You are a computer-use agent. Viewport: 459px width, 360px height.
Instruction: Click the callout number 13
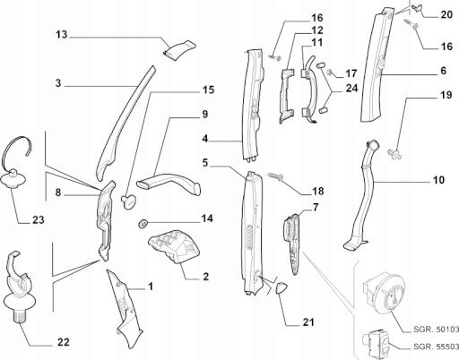click(x=62, y=35)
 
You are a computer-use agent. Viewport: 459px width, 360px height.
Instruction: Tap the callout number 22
click(x=64, y=342)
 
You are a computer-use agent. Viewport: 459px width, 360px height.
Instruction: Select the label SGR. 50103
click(x=437, y=330)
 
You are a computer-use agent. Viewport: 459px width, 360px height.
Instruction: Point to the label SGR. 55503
click(x=437, y=347)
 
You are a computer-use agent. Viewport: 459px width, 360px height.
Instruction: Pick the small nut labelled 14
click(x=143, y=224)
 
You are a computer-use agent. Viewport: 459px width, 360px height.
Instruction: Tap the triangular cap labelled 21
click(x=281, y=288)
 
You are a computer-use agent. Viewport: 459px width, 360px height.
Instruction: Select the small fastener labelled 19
click(x=394, y=154)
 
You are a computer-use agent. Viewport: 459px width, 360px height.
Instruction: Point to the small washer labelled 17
click(x=331, y=72)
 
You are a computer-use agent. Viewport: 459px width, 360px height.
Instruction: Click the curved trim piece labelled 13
click(x=180, y=48)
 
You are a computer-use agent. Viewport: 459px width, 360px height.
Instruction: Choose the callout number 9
click(x=204, y=115)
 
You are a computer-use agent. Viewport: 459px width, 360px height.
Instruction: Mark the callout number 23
click(x=39, y=220)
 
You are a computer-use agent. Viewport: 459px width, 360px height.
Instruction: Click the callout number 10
click(x=438, y=180)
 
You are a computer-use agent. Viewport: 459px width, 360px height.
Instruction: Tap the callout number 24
click(x=351, y=89)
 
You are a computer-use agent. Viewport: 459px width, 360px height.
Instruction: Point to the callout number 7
click(x=316, y=207)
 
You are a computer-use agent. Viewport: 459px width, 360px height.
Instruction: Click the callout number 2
click(x=205, y=277)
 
